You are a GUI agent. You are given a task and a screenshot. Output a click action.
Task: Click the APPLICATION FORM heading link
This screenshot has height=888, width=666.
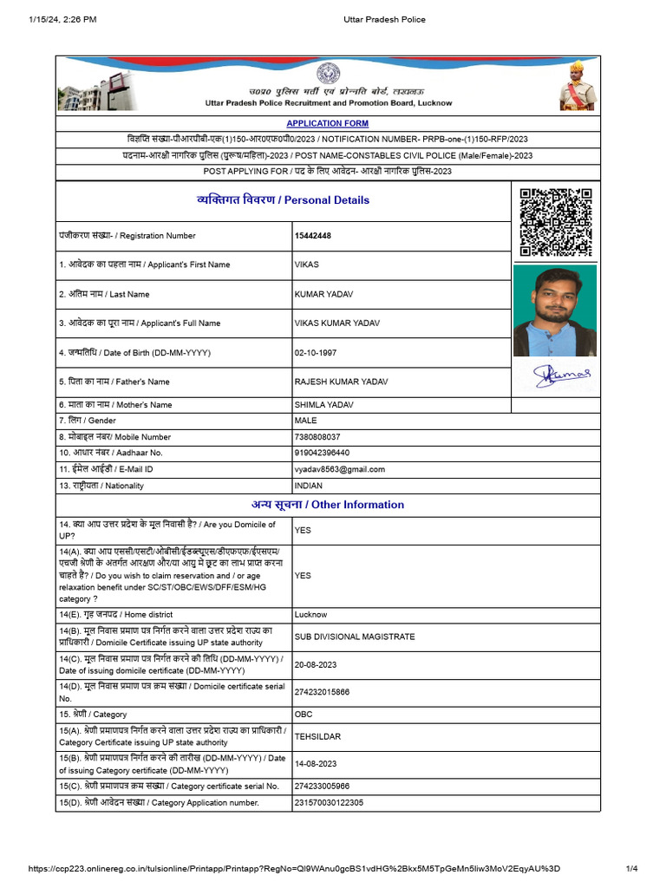pyautogui.click(x=327, y=124)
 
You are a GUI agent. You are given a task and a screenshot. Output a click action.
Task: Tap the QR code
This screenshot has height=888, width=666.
pyautogui.click(x=555, y=222)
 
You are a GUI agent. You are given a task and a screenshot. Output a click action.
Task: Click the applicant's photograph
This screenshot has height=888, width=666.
pyautogui.click(x=555, y=310)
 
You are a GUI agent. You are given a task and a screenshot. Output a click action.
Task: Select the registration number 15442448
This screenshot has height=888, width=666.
pyautogui.click(x=313, y=236)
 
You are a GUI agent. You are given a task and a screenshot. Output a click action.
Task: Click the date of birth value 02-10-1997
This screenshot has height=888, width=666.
pyautogui.click(x=316, y=353)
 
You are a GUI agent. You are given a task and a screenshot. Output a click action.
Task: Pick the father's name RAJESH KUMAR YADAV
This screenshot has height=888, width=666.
pyautogui.click(x=342, y=382)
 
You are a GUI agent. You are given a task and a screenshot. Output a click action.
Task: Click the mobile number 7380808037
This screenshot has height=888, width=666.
pyautogui.click(x=317, y=437)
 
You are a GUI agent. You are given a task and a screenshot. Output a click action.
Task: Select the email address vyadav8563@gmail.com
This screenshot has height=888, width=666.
pyautogui.click(x=340, y=469)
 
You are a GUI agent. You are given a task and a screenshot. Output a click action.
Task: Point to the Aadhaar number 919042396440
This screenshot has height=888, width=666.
pyautogui.click(x=322, y=453)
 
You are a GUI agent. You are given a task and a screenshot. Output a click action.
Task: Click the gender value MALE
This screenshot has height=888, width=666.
pyautogui.click(x=306, y=421)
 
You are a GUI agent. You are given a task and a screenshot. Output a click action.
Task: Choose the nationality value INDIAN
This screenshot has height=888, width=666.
pyautogui.click(x=309, y=486)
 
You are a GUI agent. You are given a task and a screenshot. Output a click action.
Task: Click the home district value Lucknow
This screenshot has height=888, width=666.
pyautogui.click(x=311, y=615)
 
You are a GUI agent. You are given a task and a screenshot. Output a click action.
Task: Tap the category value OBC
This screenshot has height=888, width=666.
pyautogui.click(x=304, y=715)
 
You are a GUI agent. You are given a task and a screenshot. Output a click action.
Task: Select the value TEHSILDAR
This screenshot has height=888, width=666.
pyautogui.click(x=317, y=737)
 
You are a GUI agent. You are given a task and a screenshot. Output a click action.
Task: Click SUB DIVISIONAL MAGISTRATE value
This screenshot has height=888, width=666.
pyautogui.click(x=355, y=637)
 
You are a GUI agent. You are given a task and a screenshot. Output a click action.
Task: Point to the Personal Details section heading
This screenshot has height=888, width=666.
pyautogui.click(x=283, y=200)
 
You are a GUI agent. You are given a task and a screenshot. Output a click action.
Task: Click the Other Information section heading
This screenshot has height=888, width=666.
pyautogui.click(x=328, y=505)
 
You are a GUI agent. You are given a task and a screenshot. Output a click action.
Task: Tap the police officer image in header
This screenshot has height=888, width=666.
pyautogui.click(x=575, y=85)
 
